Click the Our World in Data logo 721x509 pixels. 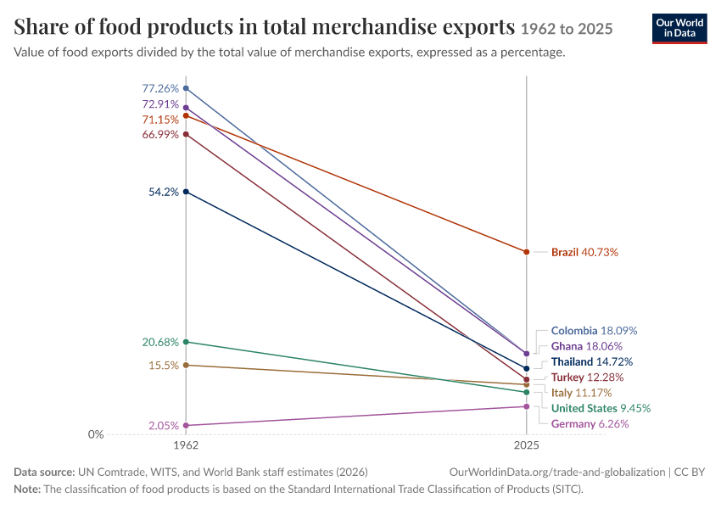(679, 29)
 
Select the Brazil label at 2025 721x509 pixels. (584, 252)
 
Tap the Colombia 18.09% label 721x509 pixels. (594, 331)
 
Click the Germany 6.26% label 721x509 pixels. (590, 424)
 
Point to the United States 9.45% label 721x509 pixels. (601, 408)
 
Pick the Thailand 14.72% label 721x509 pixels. (592, 362)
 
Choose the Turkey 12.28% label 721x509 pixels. (587, 378)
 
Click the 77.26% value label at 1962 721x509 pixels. (160, 88)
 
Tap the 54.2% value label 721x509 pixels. (163, 192)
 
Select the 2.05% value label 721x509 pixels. (163, 426)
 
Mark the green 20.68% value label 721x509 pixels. (160, 342)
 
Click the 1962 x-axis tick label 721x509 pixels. (186, 445)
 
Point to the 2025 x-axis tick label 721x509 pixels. (527, 445)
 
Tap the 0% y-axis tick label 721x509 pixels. (96, 434)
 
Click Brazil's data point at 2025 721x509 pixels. (527, 252)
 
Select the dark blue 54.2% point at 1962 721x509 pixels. (186, 192)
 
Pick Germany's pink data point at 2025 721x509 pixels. (527, 406)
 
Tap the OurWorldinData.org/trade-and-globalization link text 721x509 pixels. (556, 473)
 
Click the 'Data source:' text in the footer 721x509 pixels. (44, 473)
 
